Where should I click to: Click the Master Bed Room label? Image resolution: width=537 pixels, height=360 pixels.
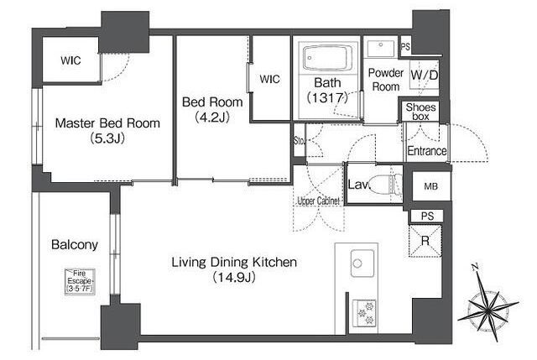tap(107, 123)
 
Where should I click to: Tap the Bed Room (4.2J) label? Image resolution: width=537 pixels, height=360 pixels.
tap(212, 110)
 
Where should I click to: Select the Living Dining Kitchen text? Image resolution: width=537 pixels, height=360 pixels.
tap(234, 263)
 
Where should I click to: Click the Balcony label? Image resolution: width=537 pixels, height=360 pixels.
tap(75, 244)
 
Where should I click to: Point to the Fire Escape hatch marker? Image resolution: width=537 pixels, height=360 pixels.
tap(80, 282)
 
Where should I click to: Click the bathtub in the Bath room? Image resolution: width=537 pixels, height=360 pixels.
tap(328, 58)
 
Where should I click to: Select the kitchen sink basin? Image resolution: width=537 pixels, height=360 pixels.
tap(362, 263)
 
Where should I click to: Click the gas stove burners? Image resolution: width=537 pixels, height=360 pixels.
tap(366, 312)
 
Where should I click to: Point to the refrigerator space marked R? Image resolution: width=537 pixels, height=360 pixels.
tap(425, 241)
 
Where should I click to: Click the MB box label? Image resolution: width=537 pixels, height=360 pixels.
tap(430, 186)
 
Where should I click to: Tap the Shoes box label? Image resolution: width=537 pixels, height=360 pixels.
tap(421, 112)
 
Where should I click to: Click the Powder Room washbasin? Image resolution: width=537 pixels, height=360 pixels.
tap(381, 49)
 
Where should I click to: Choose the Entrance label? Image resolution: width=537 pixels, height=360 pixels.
tap(427, 151)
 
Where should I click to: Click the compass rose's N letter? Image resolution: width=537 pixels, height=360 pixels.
tap(475, 267)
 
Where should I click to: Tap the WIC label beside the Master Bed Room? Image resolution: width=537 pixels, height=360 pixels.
tap(70, 60)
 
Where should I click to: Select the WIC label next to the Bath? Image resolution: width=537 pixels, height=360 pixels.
tap(269, 79)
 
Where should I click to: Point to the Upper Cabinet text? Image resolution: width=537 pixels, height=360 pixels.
tap(318, 201)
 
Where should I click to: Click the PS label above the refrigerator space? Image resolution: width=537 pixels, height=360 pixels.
tap(427, 217)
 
